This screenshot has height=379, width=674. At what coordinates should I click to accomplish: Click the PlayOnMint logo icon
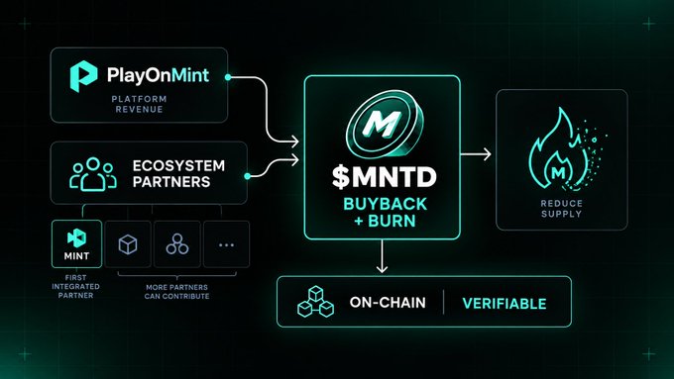pyautogui.click(x=83, y=76)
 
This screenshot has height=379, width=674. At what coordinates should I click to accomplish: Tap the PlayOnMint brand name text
pyautogui.click(x=158, y=75)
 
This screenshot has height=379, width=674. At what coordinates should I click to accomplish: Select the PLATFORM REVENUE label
pyautogui.click(x=140, y=104)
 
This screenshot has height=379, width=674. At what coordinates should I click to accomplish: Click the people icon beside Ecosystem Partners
pyautogui.click(x=93, y=174)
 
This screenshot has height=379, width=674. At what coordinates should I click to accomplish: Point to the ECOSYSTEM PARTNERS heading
pyautogui.click(x=178, y=174)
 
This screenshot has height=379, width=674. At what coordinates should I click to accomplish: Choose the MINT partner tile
pyautogui.click(x=76, y=243)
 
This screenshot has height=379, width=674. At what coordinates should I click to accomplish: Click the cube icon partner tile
pyautogui.click(x=128, y=244)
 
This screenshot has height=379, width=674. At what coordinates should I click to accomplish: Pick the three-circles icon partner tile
pyautogui.click(x=177, y=244)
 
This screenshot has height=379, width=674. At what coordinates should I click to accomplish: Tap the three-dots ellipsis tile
pyautogui.click(x=226, y=244)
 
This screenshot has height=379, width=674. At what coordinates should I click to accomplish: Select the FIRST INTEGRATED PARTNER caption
pyautogui.click(x=75, y=287)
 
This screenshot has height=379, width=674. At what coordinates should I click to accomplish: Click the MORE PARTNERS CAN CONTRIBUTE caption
pyautogui.click(x=176, y=292)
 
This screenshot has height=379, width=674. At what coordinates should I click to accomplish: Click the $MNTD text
pyautogui.click(x=385, y=177)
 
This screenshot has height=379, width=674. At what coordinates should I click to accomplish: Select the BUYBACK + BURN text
pyautogui.click(x=386, y=212)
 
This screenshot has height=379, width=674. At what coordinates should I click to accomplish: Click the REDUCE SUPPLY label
pyautogui.click(x=561, y=209)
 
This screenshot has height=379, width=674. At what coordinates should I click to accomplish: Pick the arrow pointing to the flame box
pyautogui.click(x=476, y=154)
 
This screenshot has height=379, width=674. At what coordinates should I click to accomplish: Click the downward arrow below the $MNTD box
pyautogui.click(x=382, y=256)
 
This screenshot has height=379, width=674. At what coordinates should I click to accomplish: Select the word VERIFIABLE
pyautogui.click(x=505, y=304)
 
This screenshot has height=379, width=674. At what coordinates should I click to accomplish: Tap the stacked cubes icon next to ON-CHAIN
pyautogui.click(x=315, y=301)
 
